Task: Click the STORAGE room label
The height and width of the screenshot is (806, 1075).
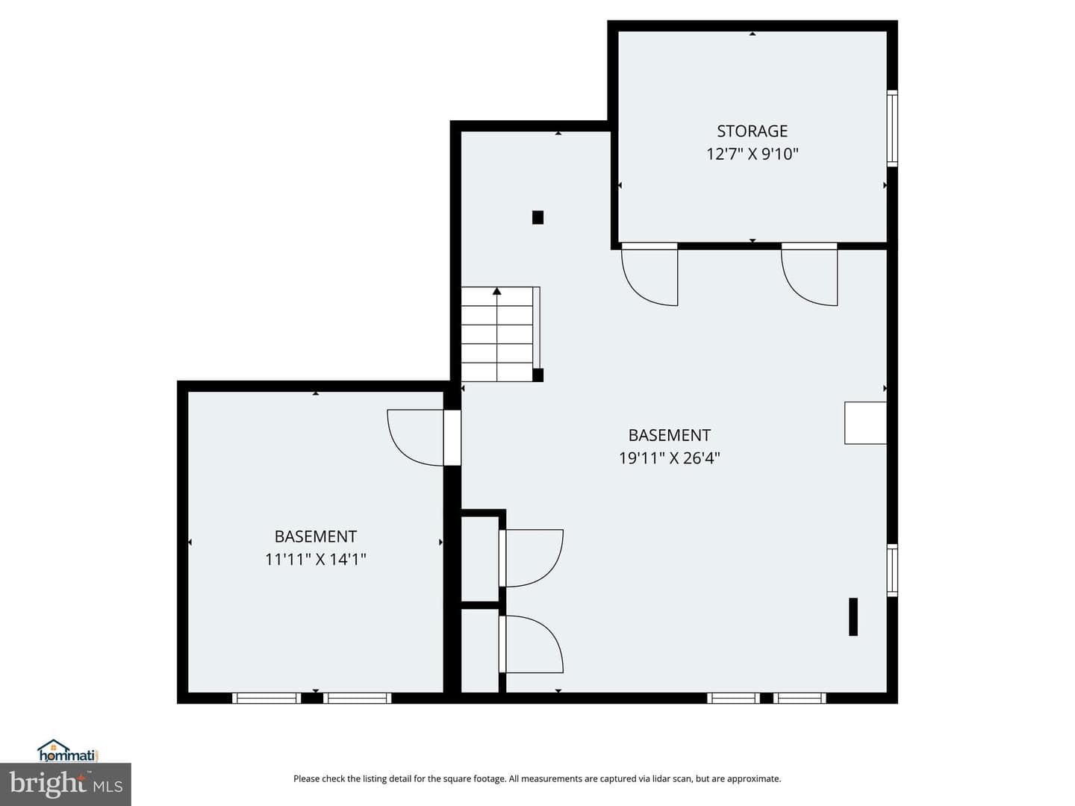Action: [x=752, y=131]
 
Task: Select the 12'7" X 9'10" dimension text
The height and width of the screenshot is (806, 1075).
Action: [x=752, y=154]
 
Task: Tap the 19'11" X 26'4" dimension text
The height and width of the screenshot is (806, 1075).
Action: [x=669, y=458]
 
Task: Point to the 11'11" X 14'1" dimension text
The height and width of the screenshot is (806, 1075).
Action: [x=315, y=559]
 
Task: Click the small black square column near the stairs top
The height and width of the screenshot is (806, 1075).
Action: [x=537, y=217]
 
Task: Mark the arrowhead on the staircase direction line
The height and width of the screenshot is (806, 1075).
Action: [x=496, y=291]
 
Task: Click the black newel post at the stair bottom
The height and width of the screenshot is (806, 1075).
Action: [x=537, y=375]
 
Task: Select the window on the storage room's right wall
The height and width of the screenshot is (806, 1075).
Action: [x=892, y=128]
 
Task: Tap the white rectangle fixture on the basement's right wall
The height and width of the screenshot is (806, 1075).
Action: [x=865, y=423]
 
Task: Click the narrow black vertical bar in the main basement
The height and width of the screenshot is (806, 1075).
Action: [x=853, y=616]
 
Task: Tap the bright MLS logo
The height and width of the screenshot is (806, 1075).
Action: [x=65, y=784]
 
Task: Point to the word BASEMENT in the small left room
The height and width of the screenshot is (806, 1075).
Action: [x=315, y=537]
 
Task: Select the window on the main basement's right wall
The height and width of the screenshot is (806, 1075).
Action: [x=892, y=570]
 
